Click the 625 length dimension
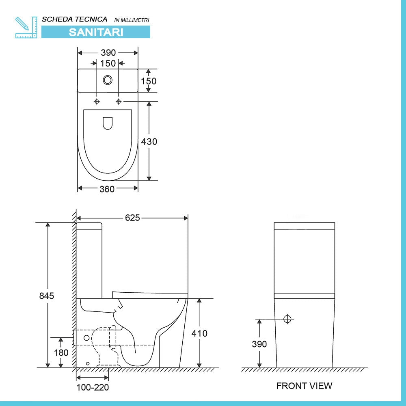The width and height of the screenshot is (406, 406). coord(132,218)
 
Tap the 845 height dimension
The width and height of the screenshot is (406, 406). coord(47,296)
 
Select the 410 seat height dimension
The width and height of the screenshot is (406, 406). coord(199,333)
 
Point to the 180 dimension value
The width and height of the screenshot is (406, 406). coord(61,352)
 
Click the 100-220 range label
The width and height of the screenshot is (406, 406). coord(93,387)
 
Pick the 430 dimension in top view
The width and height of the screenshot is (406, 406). coord(149,141)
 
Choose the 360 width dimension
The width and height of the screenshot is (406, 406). coord(107,189)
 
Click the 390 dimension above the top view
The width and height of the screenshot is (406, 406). coord(108,52)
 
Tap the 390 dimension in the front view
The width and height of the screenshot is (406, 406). coord(259,344)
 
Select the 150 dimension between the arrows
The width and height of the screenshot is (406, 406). coord(108,63)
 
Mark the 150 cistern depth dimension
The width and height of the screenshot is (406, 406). coord(149,81)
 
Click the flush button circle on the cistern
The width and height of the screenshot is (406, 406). coord(108,80)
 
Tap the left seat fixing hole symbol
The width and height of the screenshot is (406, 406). coord(97,101)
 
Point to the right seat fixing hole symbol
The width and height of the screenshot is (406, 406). coord(119,101)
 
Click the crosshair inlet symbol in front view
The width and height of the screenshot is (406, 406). coord(287,319)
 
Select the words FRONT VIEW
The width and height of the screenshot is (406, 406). coord(304,386)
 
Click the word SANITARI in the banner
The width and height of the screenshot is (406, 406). coord(96,32)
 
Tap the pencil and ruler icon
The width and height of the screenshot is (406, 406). coord(26,28)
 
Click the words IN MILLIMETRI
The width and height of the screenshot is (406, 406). coord(132,20)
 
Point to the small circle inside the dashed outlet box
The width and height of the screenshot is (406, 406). coord(86,338)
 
